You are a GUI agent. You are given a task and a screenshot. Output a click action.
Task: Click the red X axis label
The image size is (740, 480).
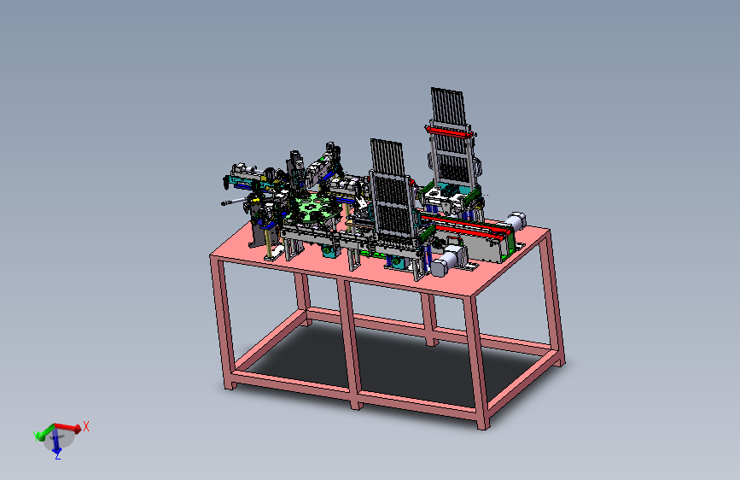click(86, 426)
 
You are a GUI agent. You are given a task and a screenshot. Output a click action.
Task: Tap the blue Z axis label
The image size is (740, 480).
click(57, 456)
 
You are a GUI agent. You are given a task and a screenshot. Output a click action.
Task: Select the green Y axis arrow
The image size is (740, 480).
click(44, 432)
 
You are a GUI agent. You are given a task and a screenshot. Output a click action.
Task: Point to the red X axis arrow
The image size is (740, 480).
click(68, 428)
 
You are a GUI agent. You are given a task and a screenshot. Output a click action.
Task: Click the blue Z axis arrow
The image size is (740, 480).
click(56, 440)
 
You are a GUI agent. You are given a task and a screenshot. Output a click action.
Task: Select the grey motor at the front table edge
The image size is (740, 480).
click(446, 262)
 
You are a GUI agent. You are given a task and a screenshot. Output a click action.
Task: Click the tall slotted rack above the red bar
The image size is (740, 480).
click(448, 106)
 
